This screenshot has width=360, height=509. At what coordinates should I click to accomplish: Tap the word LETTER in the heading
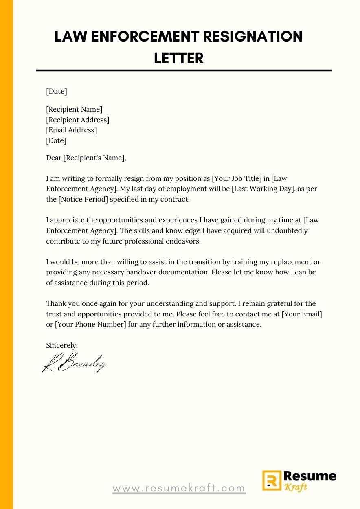[179, 58]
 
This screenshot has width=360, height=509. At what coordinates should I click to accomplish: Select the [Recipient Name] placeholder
[74, 109]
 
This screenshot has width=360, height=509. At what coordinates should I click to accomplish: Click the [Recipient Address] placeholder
[77, 120]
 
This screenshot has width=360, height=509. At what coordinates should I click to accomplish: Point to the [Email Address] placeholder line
[71, 130]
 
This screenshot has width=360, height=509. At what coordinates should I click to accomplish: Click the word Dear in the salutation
[54, 158]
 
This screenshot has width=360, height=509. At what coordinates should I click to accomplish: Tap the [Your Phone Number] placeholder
[90, 325]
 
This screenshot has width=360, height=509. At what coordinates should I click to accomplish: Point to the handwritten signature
[74, 363]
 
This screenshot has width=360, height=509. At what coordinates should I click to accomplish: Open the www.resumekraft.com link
[179, 488]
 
